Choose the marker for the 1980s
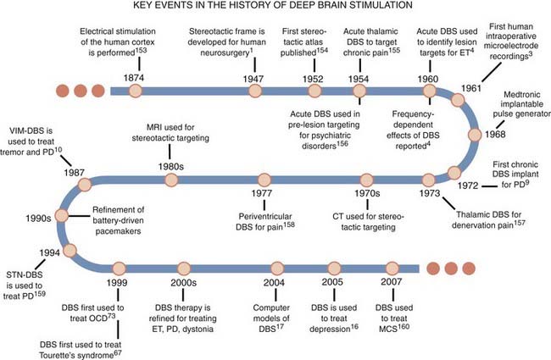pyautogui.click(x=172, y=180)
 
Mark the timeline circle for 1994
pyautogui.click(x=70, y=251)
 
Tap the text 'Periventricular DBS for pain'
pyautogui.click(x=264, y=222)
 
